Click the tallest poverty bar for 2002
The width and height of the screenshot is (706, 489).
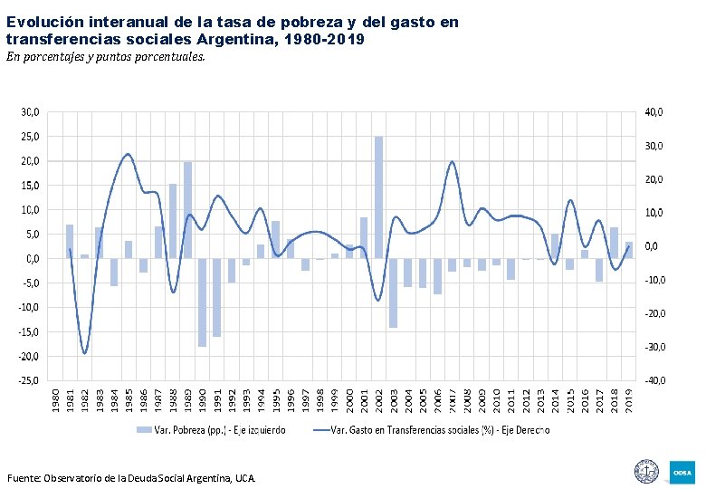[x=378, y=197]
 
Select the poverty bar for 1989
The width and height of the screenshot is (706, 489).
[x=187, y=210]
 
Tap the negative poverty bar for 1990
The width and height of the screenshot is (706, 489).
[x=202, y=302]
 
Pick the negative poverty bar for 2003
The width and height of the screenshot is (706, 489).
[x=393, y=292]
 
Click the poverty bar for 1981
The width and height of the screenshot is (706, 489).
[x=70, y=241]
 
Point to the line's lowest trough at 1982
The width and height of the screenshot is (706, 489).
[x=84, y=353]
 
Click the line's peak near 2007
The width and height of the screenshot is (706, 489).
[x=452, y=162]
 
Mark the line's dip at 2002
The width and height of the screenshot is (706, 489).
[x=378, y=300]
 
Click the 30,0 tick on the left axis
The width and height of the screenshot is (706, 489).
[x=30, y=112]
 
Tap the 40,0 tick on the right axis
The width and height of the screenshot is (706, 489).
[x=654, y=112]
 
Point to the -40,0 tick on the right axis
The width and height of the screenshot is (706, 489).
[x=653, y=380]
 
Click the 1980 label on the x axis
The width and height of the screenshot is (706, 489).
[x=55, y=398]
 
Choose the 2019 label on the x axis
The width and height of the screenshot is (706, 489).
[x=629, y=398]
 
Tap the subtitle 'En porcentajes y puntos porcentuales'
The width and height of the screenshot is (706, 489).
[x=106, y=57]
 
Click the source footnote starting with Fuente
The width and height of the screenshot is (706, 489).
[x=131, y=477]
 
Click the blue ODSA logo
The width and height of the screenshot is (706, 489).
[x=681, y=472]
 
